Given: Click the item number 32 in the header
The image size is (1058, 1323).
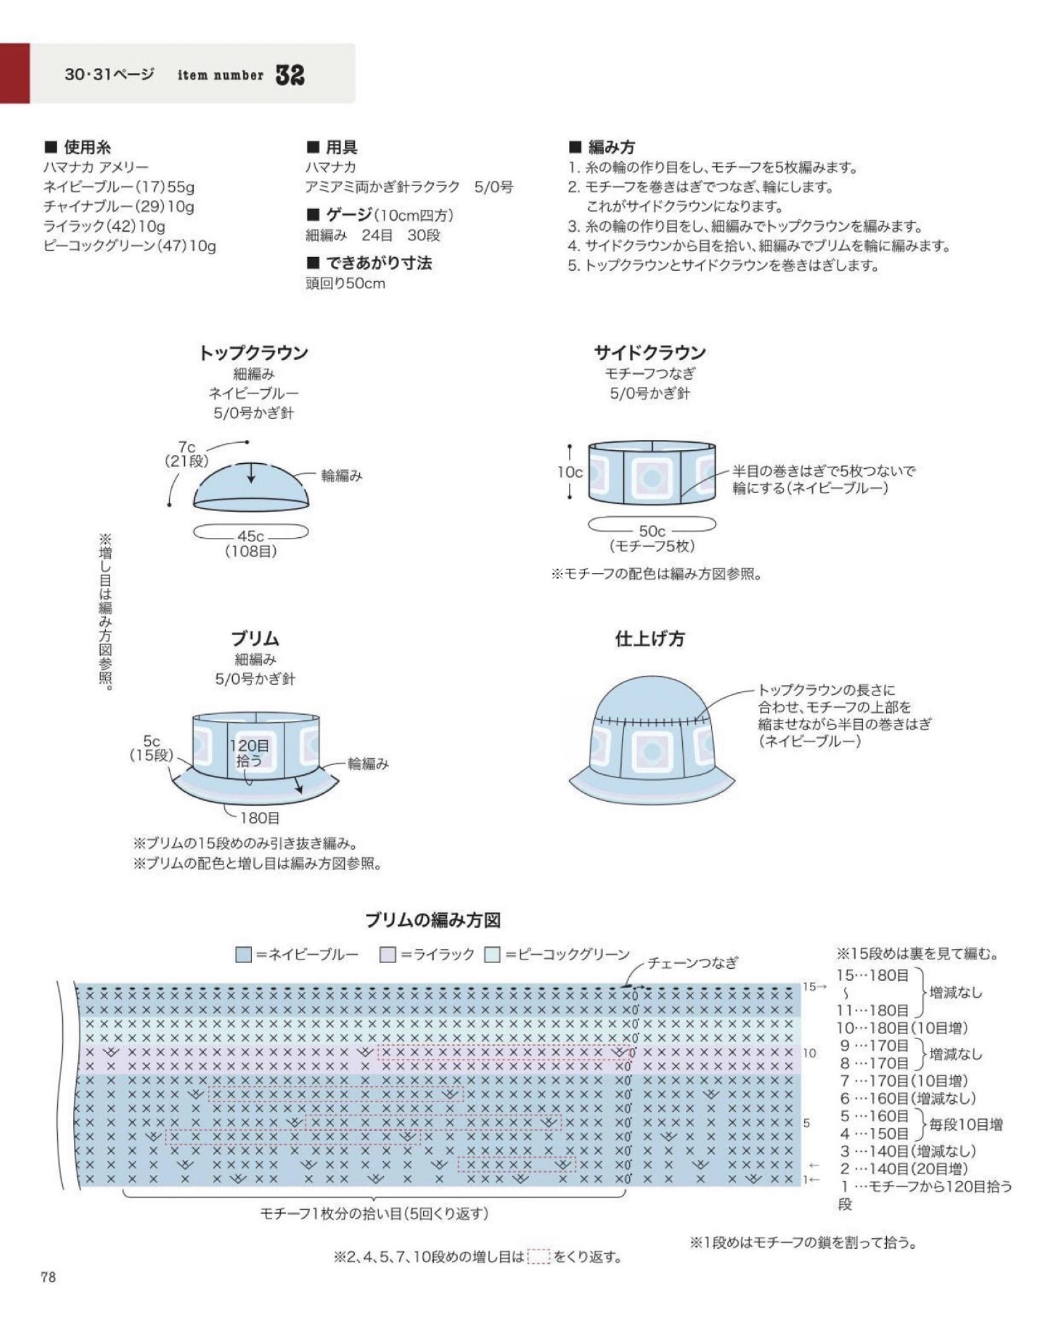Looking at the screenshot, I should click(289, 75).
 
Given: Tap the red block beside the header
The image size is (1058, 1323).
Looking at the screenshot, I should click(14, 73).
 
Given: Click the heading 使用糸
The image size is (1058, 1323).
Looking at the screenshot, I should click(78, 148).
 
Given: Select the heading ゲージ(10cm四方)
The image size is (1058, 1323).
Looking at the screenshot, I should click(380, 215).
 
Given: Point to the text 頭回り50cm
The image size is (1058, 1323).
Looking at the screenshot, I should click(345, 283).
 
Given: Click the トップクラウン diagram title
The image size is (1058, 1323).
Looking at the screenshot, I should click(253, 353).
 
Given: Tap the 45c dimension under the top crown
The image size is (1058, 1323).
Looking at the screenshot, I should click(251, 536).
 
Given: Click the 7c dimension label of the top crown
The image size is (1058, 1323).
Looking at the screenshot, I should click(187, 447).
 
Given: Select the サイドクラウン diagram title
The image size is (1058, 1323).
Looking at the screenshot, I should click(650, 353).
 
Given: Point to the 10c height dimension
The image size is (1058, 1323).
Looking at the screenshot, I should click(569, 472).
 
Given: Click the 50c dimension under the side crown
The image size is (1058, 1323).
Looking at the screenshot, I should click(652, 531).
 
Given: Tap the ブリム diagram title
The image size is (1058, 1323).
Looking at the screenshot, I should click(255, 639).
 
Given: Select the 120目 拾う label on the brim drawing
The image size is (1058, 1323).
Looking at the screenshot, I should click(250, 752).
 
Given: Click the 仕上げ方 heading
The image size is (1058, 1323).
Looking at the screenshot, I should click(650, 639).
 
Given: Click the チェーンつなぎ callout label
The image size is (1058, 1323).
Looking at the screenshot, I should click(693, 963).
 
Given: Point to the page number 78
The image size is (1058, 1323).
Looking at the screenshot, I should click(48, 1277).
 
